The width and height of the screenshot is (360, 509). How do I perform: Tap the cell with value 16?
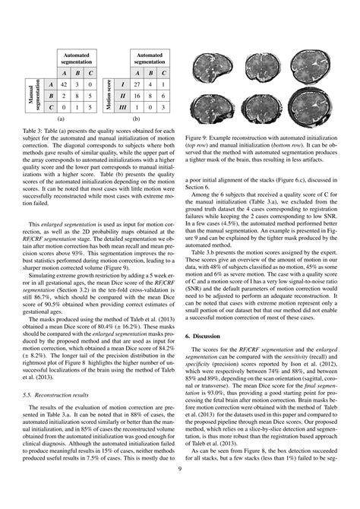click(x=138, y=97)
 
